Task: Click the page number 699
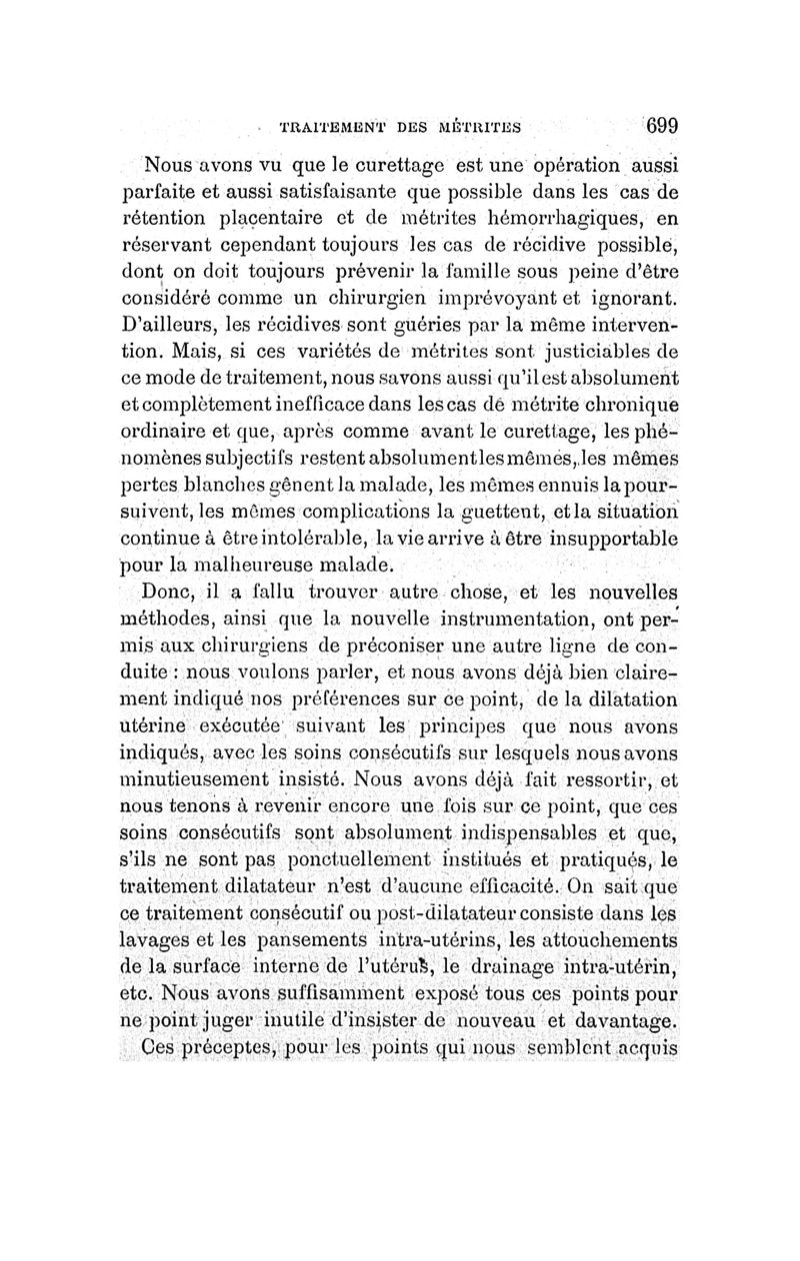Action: [661, 126]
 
